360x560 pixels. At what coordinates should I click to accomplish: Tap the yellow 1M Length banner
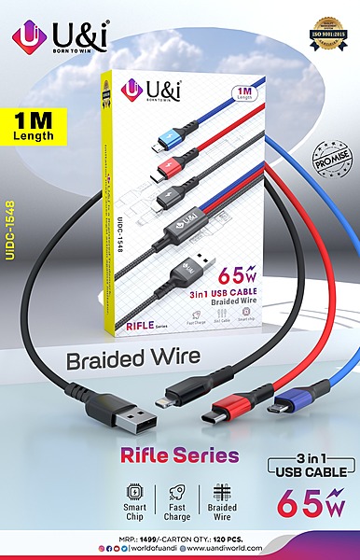coord(35,127)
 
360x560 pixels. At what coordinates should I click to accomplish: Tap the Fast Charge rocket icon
coord(178,492)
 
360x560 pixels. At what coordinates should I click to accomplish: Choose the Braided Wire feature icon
coord(221,492)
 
